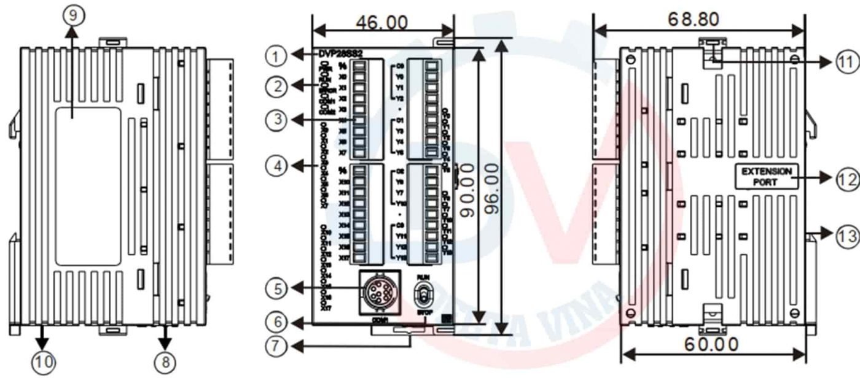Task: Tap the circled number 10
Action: pos(42,363)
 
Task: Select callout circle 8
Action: pos(165,363)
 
